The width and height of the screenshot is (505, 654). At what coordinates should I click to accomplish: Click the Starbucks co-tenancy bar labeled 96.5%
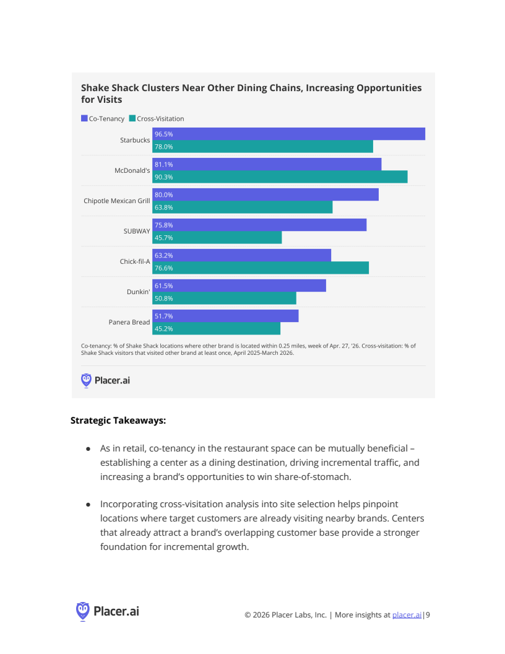point(288,134)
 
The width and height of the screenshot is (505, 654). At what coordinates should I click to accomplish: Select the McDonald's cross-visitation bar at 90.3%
point(280,177)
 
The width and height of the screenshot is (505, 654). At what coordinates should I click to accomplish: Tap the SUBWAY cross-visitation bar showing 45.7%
point(217,238)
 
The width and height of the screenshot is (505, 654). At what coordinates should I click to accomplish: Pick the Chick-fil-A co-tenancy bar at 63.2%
point(241,255)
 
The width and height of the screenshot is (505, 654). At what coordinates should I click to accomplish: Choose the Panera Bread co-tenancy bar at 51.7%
point(225,316)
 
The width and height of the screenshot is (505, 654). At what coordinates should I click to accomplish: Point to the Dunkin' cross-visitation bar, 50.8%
point(224,299)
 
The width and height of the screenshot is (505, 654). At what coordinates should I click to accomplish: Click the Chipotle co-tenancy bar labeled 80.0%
point(265,194)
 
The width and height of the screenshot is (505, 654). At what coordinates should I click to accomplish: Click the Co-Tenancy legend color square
point(84,118)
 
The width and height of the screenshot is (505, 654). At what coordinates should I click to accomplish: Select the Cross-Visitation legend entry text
point(160,119)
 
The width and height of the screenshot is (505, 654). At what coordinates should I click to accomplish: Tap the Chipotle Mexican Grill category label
point(117,201)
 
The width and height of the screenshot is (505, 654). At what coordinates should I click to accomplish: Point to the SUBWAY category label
point(137,231)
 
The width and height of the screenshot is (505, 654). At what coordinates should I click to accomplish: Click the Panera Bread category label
point(129,322)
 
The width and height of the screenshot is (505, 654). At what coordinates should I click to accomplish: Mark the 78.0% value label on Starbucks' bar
point(164,147)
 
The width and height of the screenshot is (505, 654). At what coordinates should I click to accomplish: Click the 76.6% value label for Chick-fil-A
point(164,268)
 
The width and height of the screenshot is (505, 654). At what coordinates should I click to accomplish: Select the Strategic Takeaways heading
point(118,421)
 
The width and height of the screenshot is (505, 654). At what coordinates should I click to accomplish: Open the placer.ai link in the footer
point(407,615)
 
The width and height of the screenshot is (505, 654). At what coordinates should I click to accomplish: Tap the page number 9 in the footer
point(428,615)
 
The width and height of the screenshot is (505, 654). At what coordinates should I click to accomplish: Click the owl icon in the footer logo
point(83,611)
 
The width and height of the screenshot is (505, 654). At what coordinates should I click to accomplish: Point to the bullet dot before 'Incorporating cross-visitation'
point(88,505)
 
